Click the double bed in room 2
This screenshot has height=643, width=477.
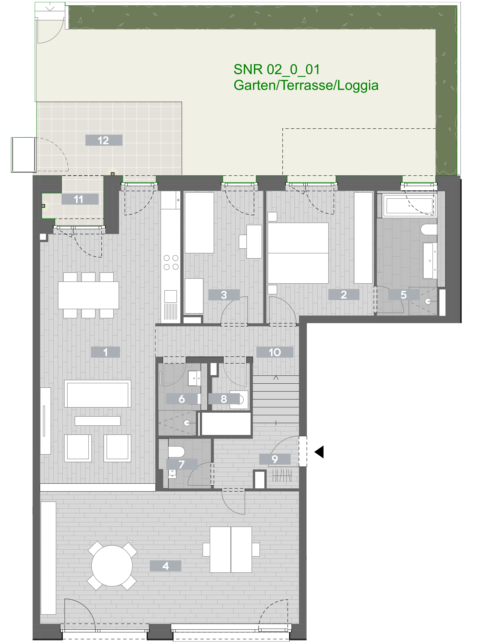(298, 253)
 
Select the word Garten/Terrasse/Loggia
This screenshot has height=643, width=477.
(306, 86)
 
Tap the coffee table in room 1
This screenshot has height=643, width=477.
(98, 421)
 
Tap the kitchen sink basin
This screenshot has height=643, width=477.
(170, 296)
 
